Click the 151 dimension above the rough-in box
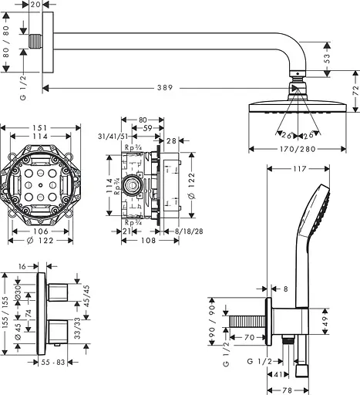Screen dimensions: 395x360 [x=42, y=127]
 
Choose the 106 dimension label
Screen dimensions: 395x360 [x=40, y=231]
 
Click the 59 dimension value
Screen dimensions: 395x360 [x=146, y=129]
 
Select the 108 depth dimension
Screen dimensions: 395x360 [x=140, y=241]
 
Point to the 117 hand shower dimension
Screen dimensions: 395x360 [x=301, y=169]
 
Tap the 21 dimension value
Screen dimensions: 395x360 [x=126, y=231]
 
